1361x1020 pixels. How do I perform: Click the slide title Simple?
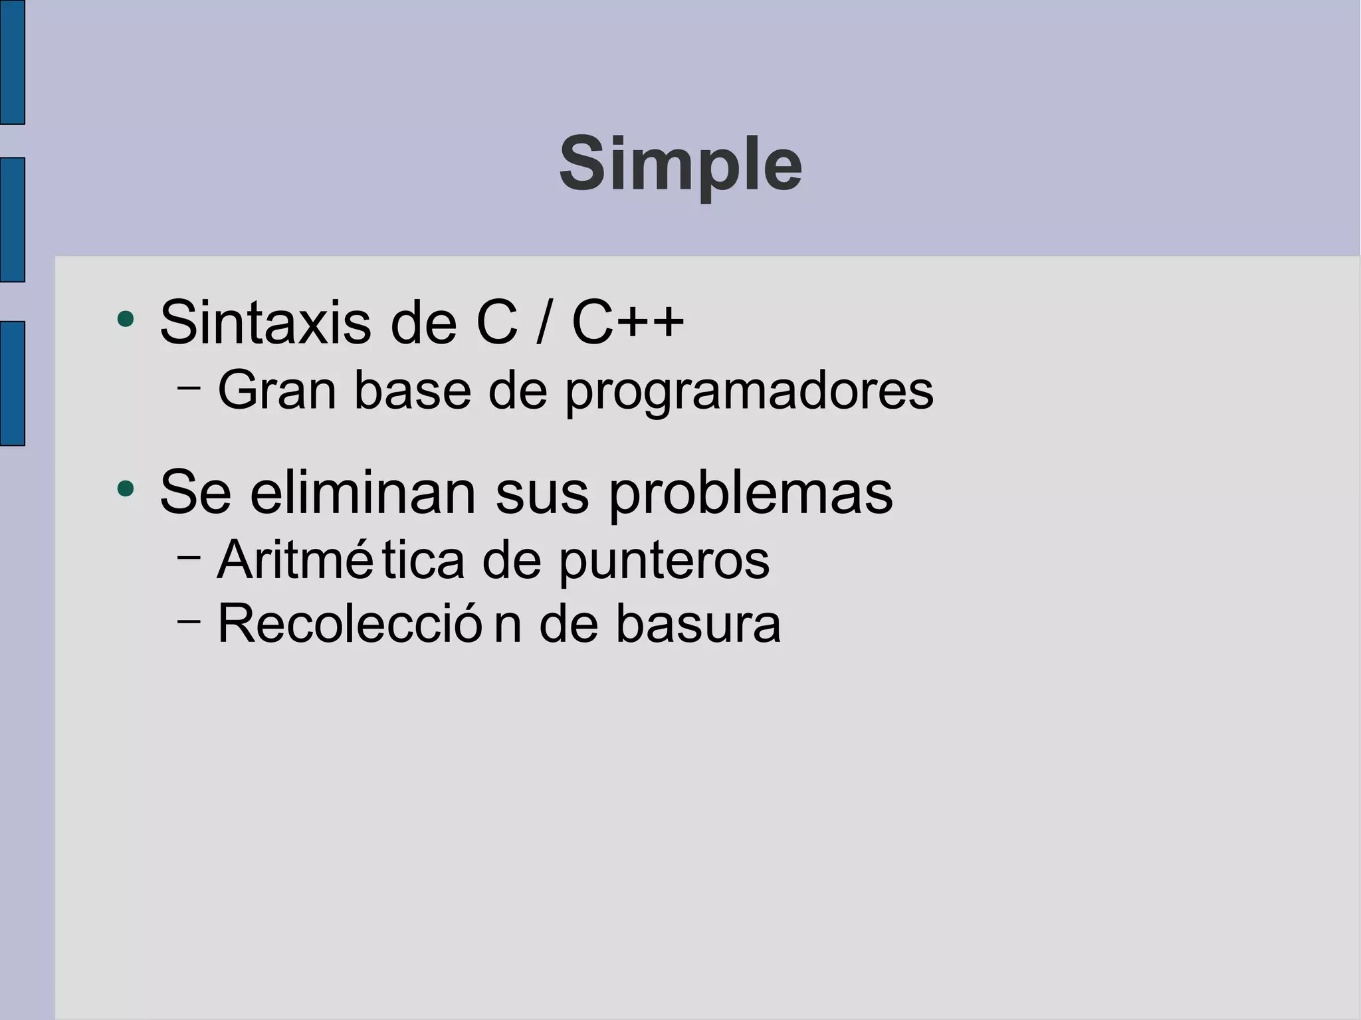[680, 164]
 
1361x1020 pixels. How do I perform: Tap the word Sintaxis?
[265, 324]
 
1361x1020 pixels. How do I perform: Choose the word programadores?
[750, 392]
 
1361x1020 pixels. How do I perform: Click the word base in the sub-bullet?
[413, 391]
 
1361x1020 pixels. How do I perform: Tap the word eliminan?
[364, 492]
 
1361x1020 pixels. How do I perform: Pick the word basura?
[698, 624]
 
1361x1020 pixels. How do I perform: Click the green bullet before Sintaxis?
[125, 320]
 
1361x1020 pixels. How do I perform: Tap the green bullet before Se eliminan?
[125, 490]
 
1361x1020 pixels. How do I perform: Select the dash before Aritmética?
[189, 556]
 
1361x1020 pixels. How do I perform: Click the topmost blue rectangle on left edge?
[12, 62]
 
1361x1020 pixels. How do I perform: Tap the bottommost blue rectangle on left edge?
[12, 383]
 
